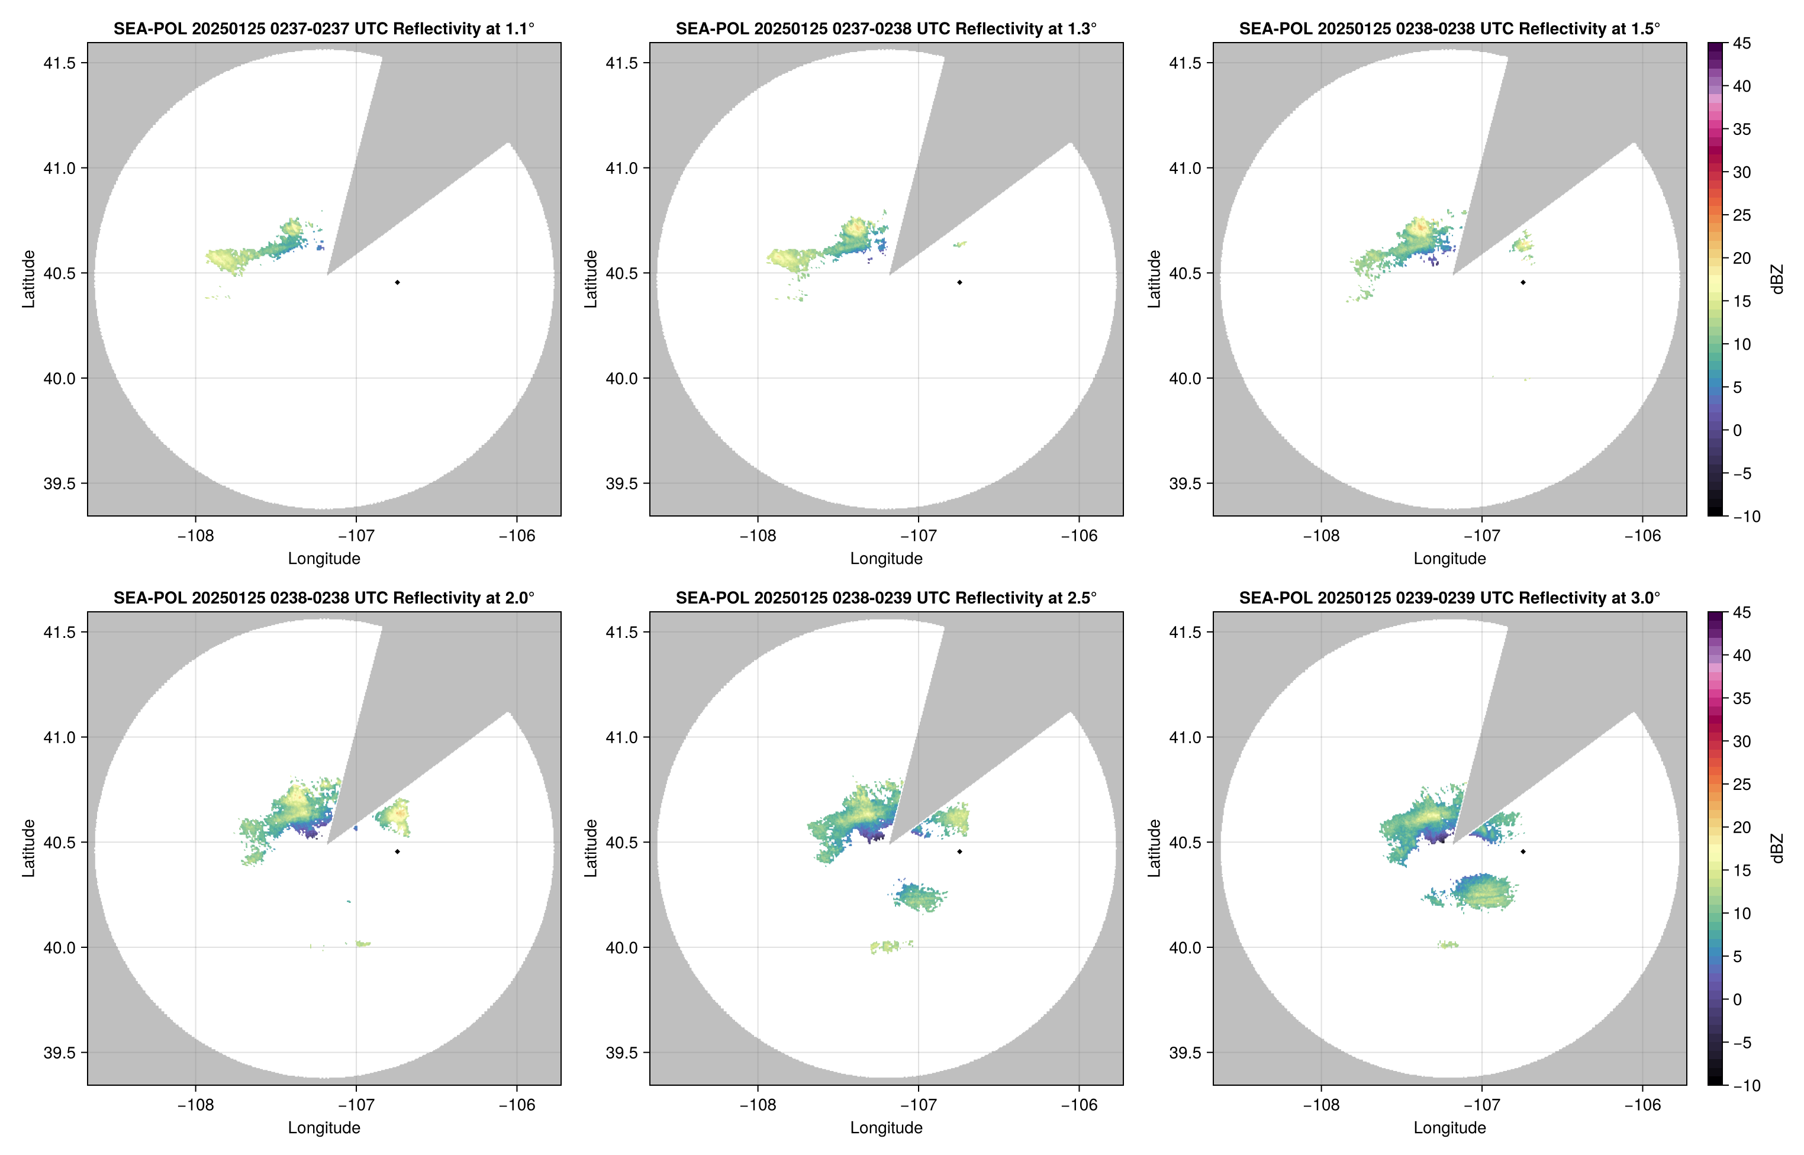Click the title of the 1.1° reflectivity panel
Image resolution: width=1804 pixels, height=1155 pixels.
(x=324, y=28)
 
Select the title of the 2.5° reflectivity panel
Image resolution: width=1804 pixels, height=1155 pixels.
(x=886, y=598)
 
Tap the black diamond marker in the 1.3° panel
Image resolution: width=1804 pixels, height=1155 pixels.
(x=959, y=283)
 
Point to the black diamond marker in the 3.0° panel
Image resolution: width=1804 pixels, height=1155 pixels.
(x=1523, y=851)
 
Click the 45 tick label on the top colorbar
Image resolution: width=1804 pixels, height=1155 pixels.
(x=1742, y=44)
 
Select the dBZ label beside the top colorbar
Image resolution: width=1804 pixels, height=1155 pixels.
(x=1776, y=279)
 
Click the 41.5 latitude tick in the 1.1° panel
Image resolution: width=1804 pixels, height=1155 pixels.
(x=60, y=63)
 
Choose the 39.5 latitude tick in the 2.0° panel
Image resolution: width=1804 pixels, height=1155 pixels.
(x=60, y=1052)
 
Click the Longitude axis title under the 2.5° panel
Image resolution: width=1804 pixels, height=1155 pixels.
(x=886, y=1127)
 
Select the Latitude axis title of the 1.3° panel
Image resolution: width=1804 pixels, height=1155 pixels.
(x=591, y=279)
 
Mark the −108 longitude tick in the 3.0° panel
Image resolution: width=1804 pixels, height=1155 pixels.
(x=1321, y=1105)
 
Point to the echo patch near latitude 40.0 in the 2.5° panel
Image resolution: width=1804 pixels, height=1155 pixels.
(x=890, y=947)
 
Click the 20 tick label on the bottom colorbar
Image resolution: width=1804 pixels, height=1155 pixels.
(x=1742, y=827)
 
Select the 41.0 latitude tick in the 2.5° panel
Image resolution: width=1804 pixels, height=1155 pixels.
(x=622, y=737)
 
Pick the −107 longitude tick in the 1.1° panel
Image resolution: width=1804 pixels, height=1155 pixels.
(x=356, y=535)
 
